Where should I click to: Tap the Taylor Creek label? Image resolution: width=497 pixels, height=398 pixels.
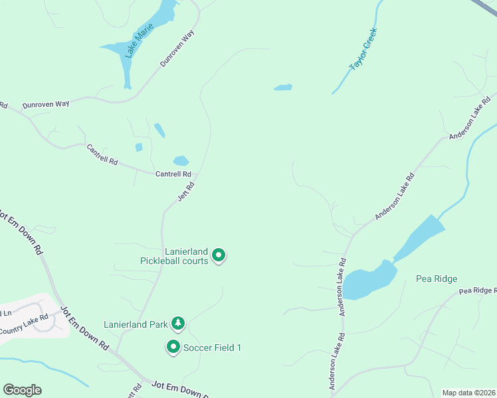click(x=363, y=48)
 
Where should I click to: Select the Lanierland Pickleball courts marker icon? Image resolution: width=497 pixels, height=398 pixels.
click(x=219, y=255)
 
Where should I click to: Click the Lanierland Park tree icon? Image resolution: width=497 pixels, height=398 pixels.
click(x=177, y=324)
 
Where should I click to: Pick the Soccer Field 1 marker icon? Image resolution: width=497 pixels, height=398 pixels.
click(x=173, y=346)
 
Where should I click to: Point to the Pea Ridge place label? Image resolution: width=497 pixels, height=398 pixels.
click(x=437, y=279)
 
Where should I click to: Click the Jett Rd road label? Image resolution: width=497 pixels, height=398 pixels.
click(x=186, y=192)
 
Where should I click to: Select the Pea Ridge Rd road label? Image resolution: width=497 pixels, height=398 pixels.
click(x=477, y=291)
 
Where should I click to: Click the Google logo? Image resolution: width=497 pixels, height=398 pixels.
click(x=22, y=390)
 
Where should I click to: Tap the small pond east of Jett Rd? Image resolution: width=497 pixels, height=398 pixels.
click(x=282, y=87)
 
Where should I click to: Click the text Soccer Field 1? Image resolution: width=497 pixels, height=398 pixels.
click(x=212, y=348)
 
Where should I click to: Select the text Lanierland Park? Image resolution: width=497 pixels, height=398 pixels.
click(x=136, y=324)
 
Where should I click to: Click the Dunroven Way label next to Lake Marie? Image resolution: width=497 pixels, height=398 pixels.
click(x=179, y=48)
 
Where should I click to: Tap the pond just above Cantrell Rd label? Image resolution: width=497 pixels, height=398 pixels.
click(x=181, y=161)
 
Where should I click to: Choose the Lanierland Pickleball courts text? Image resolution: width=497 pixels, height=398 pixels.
click(x=174, y=256)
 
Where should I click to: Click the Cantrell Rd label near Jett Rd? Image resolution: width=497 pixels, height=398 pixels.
click(x=173, y=174)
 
